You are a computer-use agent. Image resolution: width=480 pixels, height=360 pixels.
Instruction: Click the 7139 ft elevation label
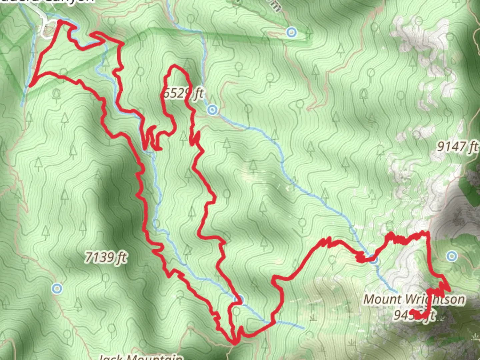(x=106, y=257)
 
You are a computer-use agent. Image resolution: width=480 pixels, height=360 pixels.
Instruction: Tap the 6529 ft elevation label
(x=182, y=93)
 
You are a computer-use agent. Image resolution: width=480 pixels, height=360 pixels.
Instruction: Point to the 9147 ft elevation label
(x=457, y=146)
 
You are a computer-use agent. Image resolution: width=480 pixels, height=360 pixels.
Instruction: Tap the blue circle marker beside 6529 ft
(x=212, y=110)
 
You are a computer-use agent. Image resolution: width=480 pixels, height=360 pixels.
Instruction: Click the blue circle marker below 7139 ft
(x=57, y=288)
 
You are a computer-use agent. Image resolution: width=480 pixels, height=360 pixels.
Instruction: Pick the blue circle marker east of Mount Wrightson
(x=452, y=256)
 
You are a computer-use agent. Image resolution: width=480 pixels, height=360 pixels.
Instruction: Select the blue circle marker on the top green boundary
(x=292, y=32)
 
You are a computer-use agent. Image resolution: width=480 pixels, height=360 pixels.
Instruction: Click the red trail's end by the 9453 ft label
(x=412, y=312)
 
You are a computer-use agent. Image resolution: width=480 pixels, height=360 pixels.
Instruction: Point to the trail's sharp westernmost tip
(x=30, y=85)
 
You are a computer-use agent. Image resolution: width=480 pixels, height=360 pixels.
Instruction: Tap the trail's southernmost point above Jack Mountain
(x=234, y=342)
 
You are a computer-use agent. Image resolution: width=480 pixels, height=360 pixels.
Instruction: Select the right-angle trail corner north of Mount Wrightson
(x=427, y=232)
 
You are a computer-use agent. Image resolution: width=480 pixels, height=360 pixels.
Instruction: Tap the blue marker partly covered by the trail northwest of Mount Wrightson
(x=374, y=259)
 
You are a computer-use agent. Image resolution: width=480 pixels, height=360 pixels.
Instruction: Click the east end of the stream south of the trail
(x=303, y=328)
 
